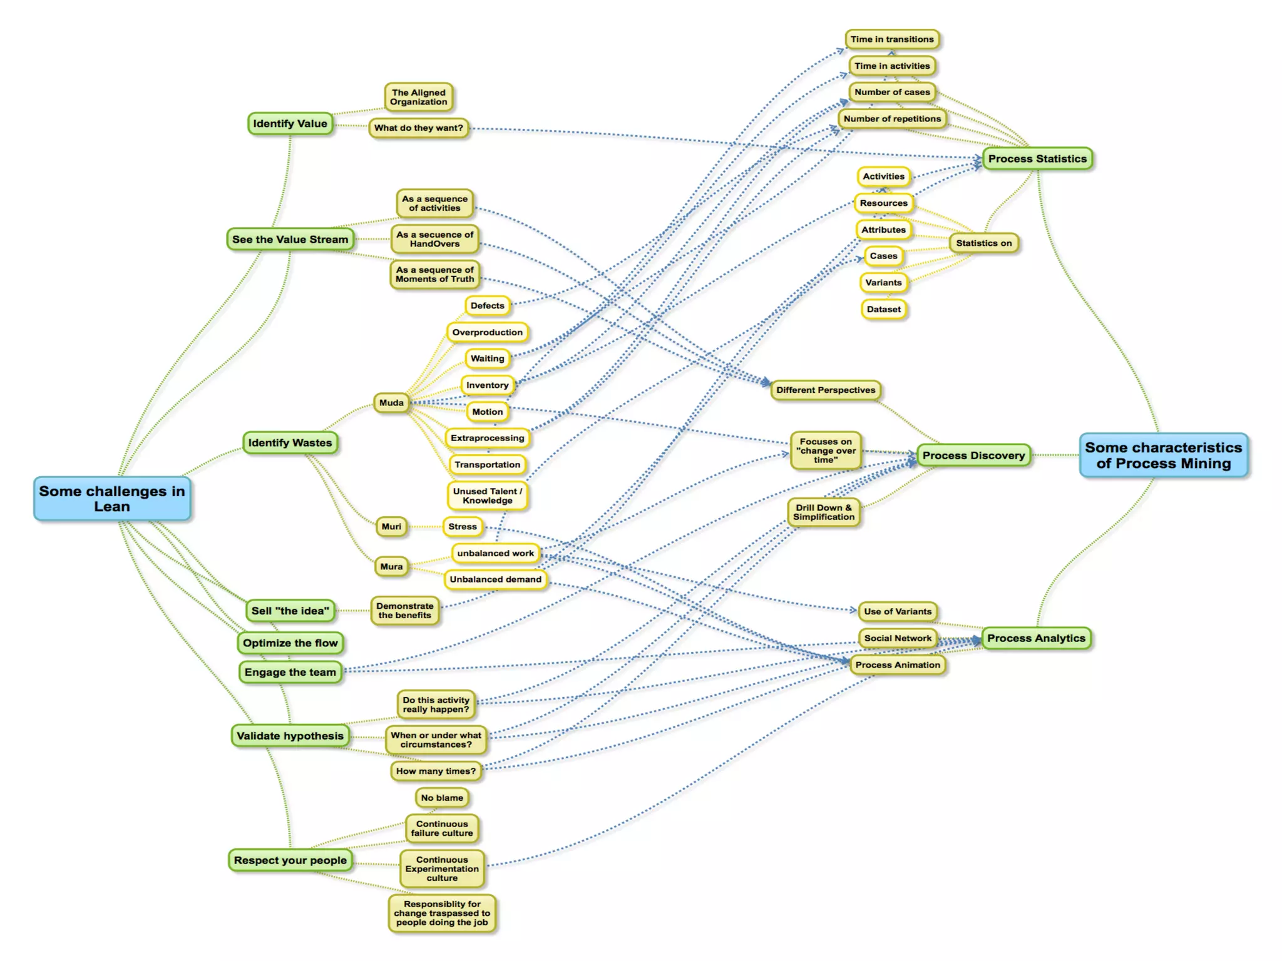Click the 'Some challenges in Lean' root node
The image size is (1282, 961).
click(x=112, y=499)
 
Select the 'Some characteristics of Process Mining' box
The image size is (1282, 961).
click(x=1163, y=455)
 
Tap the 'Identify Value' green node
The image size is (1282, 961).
click(x=290, y=124)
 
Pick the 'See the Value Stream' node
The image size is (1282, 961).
click(x=290, y=240)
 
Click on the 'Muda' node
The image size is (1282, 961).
click(x=391, y=403)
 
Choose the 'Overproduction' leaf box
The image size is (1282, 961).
click(x=487, y=332)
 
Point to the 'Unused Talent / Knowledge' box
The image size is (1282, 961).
click(x=487, y=496)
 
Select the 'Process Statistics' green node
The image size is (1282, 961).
click(x=1037, y=159)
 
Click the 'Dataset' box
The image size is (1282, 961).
click(x=883, y=309)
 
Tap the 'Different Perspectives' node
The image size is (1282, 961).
click(x=826, y=390)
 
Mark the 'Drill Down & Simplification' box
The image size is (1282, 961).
click(x=823, y=512)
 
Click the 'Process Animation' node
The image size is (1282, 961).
click(x=898, y=665)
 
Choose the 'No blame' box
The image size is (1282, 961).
click(x=442, y=798)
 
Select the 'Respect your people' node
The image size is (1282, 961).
click(x=290, y=860)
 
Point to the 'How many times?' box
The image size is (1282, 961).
click(x=436, y=771)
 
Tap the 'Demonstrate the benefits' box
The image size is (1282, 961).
click(x=404, y=611)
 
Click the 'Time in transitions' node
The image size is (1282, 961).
click(x=891, y=39)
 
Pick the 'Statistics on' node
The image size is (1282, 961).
click(x=983, y=243)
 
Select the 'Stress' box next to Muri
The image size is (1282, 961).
click(x=462, y=527)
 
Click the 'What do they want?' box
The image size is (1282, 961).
click(x=418, y=128)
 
